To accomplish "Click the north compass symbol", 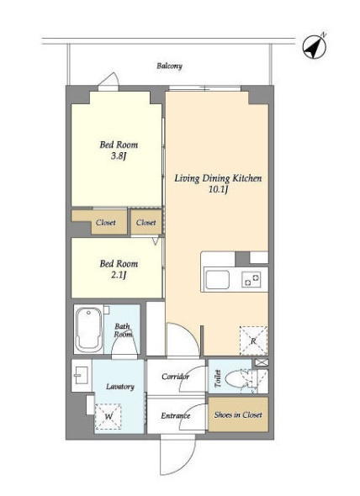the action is tap(314, 47).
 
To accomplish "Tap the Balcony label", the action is tap(169, 66).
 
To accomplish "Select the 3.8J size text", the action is tap(119, 156).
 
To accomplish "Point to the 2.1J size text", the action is tap(119, 275).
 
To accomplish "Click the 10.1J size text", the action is tap(219, 190).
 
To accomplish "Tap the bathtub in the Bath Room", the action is tap(88, 329).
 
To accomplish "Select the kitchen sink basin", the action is tap(217, 280).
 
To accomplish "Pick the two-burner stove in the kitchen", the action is tap(251, 280).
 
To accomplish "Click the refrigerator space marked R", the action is tap(253, 340).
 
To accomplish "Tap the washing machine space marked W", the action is tap(109, 416).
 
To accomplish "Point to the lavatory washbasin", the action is tap(81, 375).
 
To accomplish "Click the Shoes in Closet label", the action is tap(238, 414).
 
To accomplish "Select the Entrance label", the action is tap(176, 415).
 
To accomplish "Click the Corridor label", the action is tap(176, 377).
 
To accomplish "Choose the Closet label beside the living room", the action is tap(146, 223).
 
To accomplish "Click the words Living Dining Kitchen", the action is tap(219, 178).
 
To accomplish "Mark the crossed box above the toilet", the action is tap(262, 362).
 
